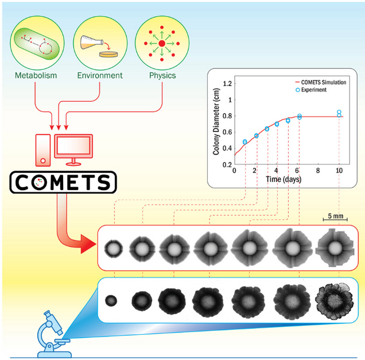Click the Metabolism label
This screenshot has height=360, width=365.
tap(36, 75)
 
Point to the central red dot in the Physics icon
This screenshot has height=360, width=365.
tap(162, 44)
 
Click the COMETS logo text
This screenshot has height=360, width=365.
tap(63, 182)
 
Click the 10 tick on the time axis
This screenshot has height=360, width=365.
tap(339, 171)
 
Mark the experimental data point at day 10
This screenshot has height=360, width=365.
tap(339, 113)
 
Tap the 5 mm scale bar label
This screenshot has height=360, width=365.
tap(336, 216)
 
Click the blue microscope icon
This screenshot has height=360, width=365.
tap(52, 332)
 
